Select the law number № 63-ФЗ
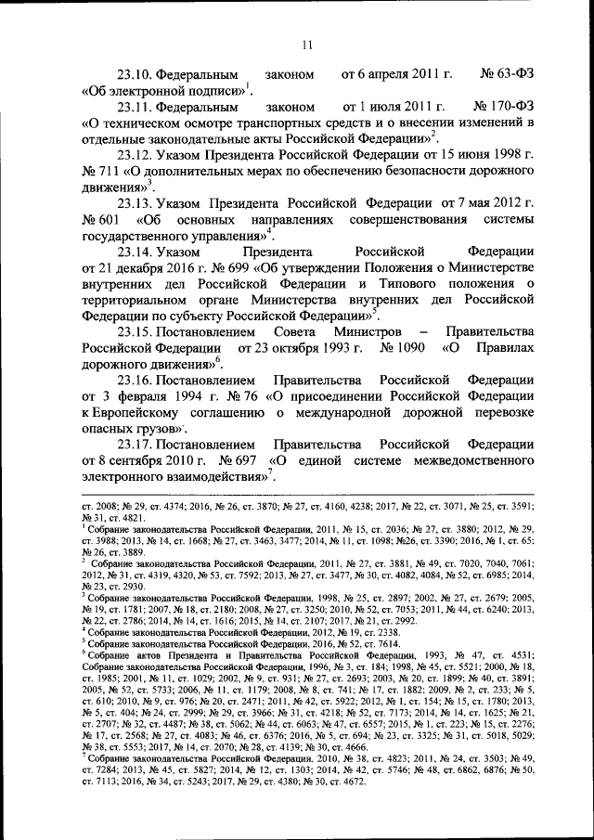point(506,72)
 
